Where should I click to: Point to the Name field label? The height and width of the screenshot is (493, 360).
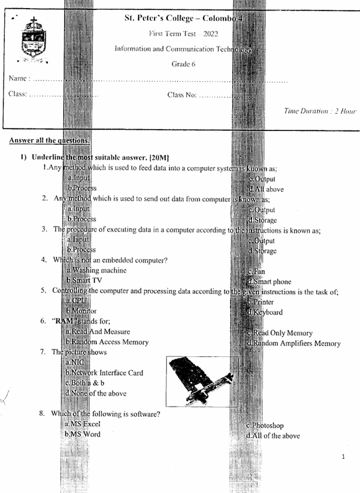tap(19, 79)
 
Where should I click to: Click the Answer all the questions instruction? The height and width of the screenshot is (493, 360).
tap(49, 140)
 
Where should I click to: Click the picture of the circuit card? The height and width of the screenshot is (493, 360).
tap(200, 381)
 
